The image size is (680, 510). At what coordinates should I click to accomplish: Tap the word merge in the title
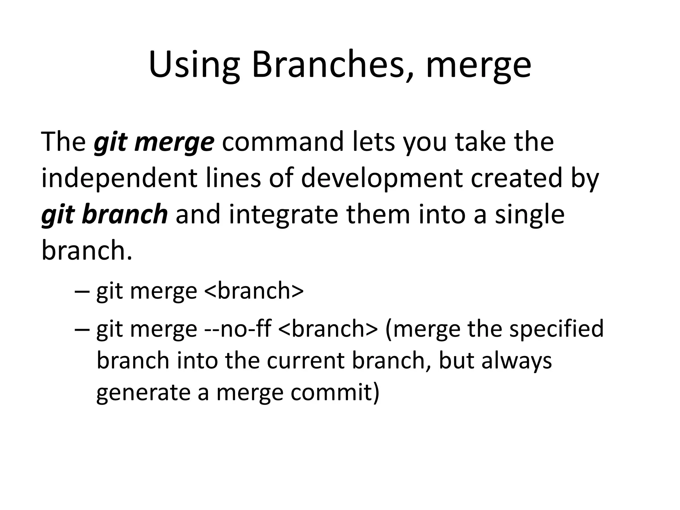pos(478,66)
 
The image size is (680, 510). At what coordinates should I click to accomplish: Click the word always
pos(517,361)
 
